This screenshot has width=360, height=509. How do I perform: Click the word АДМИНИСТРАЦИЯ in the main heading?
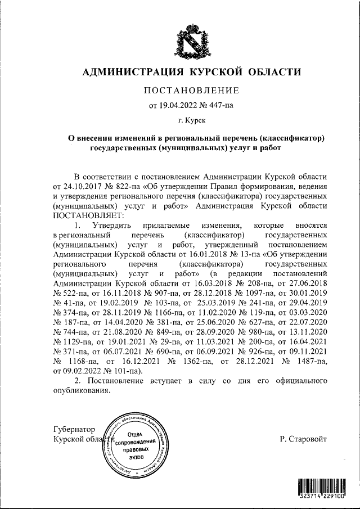[130, 72]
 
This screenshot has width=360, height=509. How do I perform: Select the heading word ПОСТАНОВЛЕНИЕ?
[192, 91]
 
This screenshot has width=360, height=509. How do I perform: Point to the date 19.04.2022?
[179, 105]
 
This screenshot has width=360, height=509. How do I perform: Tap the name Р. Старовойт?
[303, 439]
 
